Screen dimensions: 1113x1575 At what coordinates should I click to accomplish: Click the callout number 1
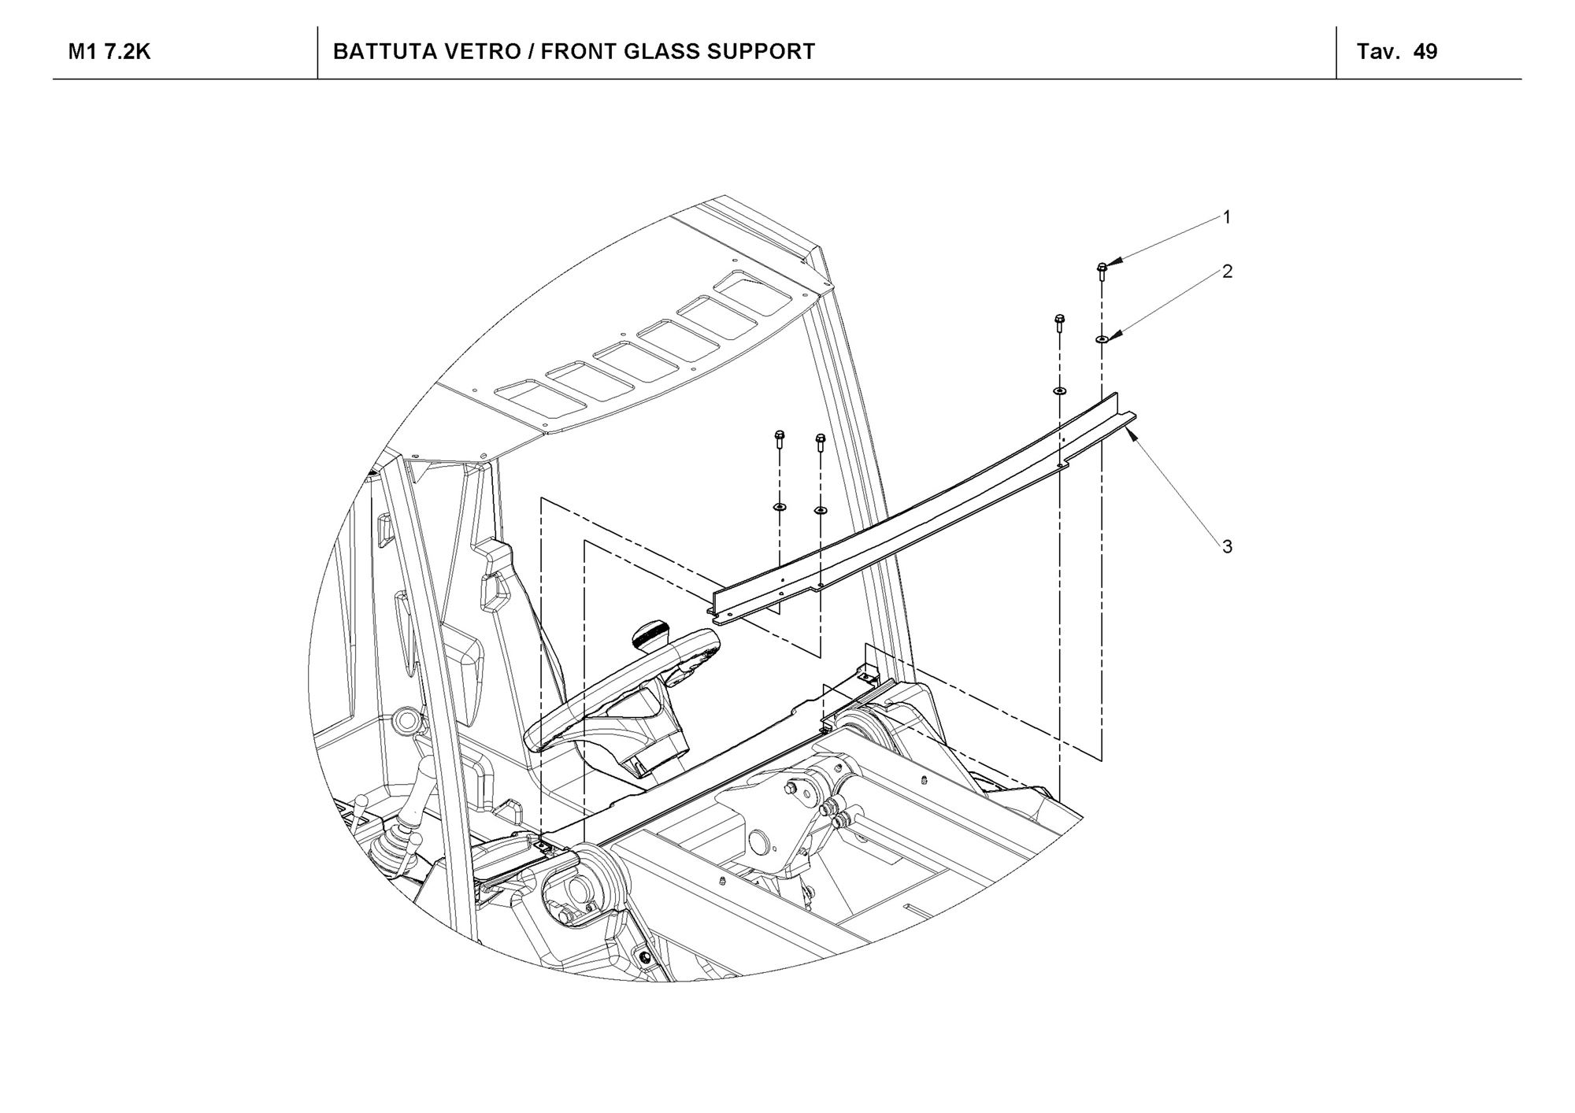(x=1227, y=217)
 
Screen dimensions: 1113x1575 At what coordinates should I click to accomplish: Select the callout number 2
(x=1227, y=272)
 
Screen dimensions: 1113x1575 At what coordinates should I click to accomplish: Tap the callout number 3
(x=1227, y=546)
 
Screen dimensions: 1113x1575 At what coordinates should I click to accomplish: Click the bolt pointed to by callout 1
(x=1102, y=271)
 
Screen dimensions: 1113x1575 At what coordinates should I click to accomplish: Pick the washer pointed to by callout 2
(x=1101, y=338)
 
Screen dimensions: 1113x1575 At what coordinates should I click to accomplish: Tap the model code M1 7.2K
(x=109, y=52)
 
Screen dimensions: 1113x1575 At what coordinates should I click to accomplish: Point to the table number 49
(x=1425, y=52)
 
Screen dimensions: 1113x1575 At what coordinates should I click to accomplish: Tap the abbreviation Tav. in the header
(x=1378, y=52)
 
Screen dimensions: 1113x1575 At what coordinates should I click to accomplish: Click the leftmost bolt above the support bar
(x=780, y=438)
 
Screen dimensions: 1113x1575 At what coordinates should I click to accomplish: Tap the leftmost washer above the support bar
(x=780, y=506)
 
